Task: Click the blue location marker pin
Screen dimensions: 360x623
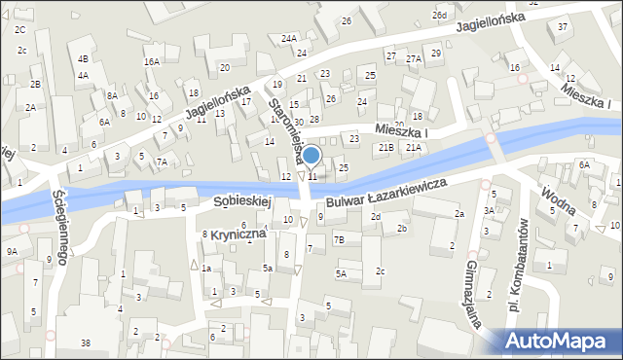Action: point(311,156)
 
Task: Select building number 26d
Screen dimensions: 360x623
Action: point(441,16)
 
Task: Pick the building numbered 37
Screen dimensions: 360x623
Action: point(564,26)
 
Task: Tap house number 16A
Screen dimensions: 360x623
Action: point(151,61)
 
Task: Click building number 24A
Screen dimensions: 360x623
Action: point(289,38)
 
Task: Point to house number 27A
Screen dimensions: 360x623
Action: point(414,59)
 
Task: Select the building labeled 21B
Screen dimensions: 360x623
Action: point(386,147)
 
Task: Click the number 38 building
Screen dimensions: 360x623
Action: point(86,342)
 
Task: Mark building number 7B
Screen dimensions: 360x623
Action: point(339,239)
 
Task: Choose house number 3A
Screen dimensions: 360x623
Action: point(488,211)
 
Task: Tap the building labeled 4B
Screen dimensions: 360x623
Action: point(84,58)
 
